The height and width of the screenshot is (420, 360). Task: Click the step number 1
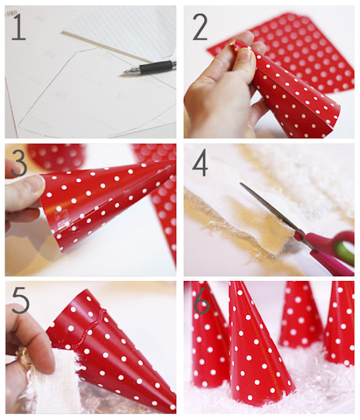click(18, 27)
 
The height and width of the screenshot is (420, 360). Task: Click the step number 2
click(200, 27)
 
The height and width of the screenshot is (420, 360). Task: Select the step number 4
click(200, 163)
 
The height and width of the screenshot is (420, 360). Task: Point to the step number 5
click(20, 300)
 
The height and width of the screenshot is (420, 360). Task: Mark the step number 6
click(201, 300)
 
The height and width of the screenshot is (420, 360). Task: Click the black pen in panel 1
click(150, 67)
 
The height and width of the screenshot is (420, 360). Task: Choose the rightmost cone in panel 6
click(340, 324)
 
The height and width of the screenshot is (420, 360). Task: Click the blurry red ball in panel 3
click(56, 157)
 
